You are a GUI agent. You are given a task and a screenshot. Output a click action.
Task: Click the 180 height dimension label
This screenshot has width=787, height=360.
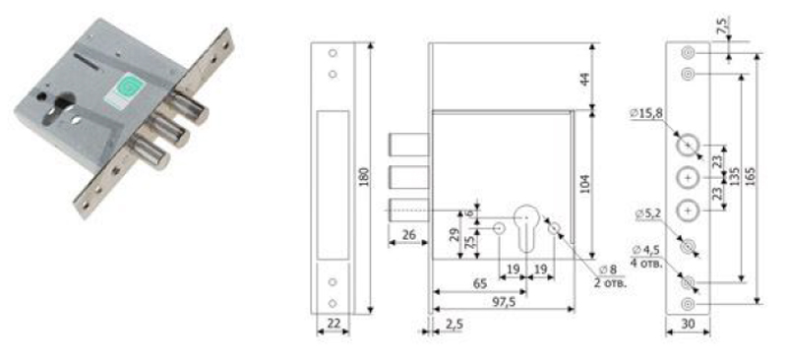tap(364, 176)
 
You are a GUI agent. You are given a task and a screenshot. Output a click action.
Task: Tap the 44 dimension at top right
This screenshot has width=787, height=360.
tap(584, 80)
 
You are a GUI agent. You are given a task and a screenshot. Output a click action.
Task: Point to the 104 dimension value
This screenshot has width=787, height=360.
tap(584, 184)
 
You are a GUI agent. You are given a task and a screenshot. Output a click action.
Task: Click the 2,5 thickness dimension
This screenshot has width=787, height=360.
tap(453, 325)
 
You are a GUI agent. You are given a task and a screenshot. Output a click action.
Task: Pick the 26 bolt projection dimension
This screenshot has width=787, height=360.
tap(408, 235)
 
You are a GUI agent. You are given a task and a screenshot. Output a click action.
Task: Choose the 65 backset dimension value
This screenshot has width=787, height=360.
tap(479, 283)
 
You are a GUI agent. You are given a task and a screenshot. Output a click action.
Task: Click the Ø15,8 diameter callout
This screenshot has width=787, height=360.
tap(646, 114)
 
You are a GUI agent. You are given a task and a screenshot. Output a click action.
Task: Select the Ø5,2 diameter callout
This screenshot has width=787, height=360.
tap(648, 214)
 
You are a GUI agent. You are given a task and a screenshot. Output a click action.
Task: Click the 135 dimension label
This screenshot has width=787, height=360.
tap(734, 176)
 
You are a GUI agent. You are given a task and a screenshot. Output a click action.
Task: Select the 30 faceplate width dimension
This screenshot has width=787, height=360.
tap(689, 325)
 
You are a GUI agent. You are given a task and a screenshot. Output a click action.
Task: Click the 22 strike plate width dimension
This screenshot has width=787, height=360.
tap(333, 325)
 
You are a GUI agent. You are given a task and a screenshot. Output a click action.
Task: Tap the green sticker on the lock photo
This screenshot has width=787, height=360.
tap(125, 90)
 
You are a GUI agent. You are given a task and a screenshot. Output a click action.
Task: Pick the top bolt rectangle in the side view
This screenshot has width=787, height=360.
tap(409, 145)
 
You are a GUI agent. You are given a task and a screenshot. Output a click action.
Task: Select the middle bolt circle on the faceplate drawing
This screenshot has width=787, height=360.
tap(688, 178)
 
